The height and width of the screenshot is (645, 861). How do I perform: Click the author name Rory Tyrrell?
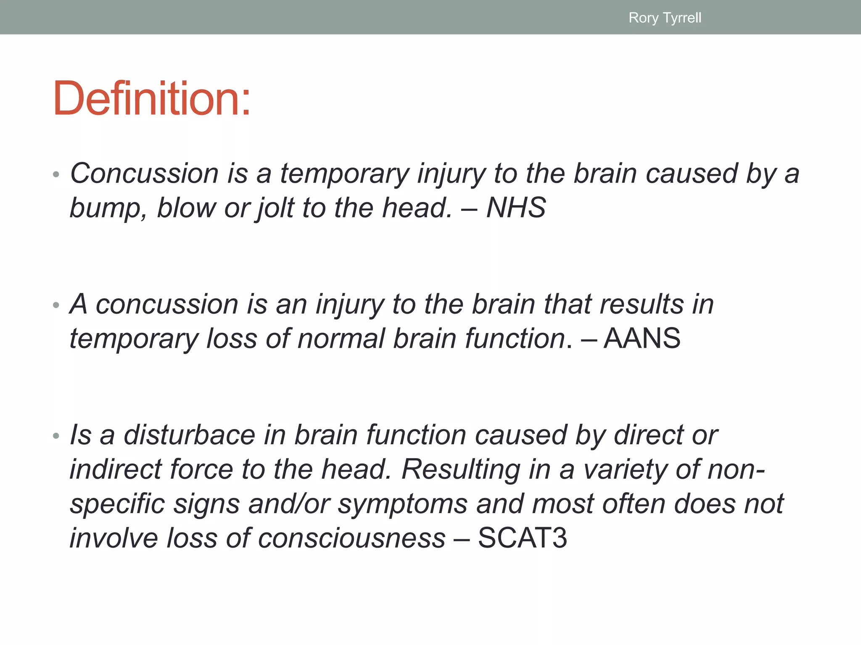point(665,18)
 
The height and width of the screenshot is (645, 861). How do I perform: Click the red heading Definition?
point(152,98)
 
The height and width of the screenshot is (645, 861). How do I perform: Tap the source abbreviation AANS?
point(642,338)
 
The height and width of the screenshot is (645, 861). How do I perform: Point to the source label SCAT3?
point(523,538)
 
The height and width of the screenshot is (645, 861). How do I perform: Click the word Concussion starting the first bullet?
point(144,173)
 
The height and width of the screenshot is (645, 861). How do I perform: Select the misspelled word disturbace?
point(189,435)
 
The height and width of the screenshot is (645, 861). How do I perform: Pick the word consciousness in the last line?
point(351,538)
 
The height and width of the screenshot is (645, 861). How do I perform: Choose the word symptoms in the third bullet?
point(402,504)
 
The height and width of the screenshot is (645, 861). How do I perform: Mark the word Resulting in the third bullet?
point(461,469)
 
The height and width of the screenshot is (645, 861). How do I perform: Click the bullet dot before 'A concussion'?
point(56,305)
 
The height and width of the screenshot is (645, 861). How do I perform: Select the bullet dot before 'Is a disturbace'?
point(56,436)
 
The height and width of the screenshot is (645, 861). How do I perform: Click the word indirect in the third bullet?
point(115,469)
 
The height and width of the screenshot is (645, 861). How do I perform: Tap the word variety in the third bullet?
point(625,469)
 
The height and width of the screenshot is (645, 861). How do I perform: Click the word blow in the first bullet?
point(185,208)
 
